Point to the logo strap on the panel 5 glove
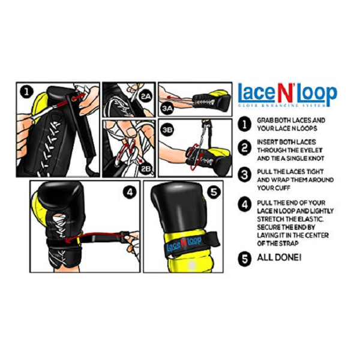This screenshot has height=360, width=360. (184, 245)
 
